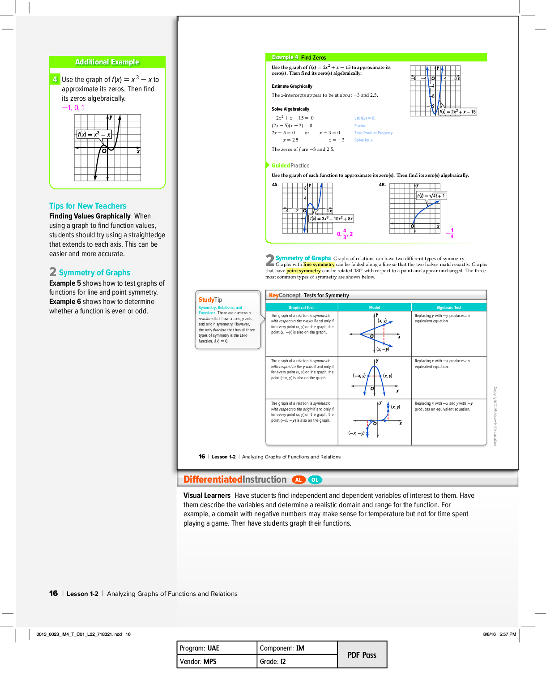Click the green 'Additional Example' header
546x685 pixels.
[107, 62]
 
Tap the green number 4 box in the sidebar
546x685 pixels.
[55, 79]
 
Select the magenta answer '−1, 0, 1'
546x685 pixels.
[73, 108]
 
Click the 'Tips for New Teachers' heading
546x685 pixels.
[88, 206]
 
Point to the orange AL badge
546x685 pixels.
[299, 480]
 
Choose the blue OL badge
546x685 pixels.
[315, 480]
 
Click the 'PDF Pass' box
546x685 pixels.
[362, 655]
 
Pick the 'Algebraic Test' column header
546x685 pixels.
[449, 308]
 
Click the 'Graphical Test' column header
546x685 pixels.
[301, 308]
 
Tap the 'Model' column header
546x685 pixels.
[375, 308]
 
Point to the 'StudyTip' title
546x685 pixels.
[210, 300]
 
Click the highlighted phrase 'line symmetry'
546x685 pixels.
[319, 265]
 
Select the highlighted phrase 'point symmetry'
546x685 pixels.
[303, 271]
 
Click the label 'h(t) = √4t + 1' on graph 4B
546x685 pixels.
[431, 196]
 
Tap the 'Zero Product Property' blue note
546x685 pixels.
[373, 133]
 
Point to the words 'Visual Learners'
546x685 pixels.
[207, 496]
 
